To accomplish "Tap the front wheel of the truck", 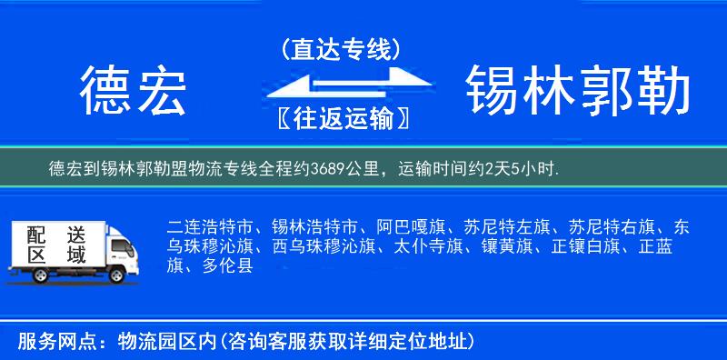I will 115,275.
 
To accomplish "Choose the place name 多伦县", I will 230,266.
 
